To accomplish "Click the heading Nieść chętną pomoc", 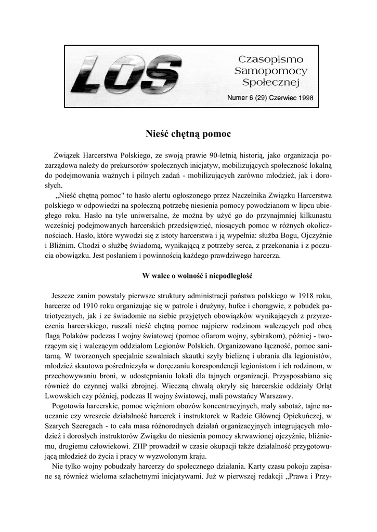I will point(188,134).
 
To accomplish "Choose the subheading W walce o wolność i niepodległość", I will point(188,275).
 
